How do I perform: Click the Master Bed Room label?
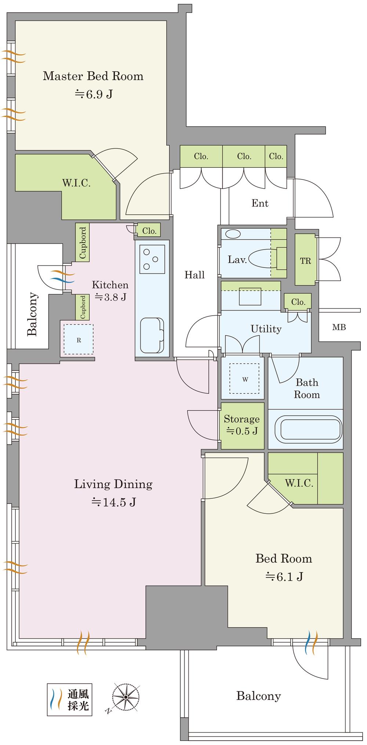(x=93, y=76)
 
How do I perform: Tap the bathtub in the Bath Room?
(x=311, y=428)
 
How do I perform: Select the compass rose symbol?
(x=125, y=696)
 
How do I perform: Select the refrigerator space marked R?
(x=79, y=339)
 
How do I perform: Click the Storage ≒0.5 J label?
(x=242, y=425)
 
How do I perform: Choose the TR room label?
(x=306, y=261)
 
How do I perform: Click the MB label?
(x=339, y=327)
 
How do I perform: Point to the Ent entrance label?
(x=260, y=203)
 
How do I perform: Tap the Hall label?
(x=195, y=275)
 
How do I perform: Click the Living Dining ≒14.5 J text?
(x=113, y=493)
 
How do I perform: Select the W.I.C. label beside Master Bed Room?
(x=76, y=183)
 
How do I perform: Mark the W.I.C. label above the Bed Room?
(x=299, y=483)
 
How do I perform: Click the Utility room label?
(x=266, y=329)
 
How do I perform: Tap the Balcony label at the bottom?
(x=258, y=695)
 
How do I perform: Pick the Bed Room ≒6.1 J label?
(x=284, y=567)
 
